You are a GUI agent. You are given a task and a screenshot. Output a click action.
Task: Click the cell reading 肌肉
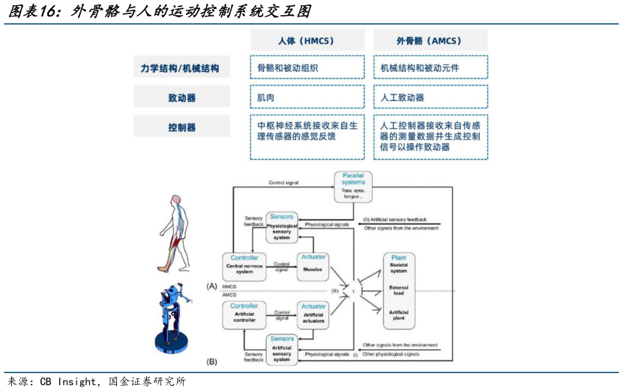307,97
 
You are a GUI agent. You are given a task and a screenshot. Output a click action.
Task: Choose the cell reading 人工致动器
430,97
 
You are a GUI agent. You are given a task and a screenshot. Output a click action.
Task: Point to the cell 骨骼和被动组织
307,68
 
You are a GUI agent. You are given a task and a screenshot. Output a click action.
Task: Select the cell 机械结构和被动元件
430,68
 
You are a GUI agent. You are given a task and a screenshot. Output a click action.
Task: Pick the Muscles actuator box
313,267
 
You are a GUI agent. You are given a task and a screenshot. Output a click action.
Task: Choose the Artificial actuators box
313,314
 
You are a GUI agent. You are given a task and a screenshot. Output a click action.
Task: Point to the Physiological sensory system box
281,227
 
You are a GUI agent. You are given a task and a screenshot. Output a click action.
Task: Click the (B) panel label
211,361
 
